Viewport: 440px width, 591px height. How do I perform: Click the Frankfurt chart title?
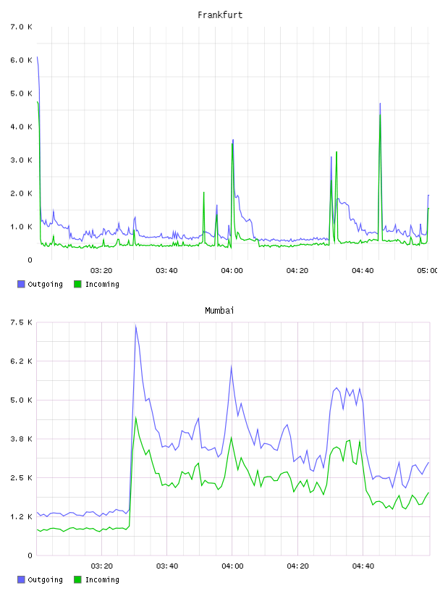tap(220, 15)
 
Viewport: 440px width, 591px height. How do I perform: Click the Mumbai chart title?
tap(219, 311)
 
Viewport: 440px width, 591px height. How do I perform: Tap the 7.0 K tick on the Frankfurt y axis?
tap(21, 27)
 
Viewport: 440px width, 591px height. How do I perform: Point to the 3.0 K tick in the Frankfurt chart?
tap(21, 160)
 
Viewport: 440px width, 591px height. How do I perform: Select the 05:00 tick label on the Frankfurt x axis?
tap(427, 271)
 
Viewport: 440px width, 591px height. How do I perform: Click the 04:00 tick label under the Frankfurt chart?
tap(232, 271)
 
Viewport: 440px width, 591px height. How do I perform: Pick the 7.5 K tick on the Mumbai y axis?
tap(21, 322)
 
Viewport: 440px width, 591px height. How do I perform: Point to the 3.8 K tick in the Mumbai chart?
tap(21, 439)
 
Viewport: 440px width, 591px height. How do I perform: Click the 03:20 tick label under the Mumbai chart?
tap(102, 566)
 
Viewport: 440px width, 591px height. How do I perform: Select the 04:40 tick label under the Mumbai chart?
tap(363, 566)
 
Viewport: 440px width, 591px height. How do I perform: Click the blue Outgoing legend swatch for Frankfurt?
tap(21, 284)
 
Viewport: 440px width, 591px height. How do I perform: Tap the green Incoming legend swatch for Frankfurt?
tap(77, 284)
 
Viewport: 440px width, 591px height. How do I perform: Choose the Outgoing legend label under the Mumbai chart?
tap(45, 579)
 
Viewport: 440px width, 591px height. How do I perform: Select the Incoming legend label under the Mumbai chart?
tap(102, 579)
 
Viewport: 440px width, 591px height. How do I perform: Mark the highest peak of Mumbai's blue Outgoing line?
tap(135, 325)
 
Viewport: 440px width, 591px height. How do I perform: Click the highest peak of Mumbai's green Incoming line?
tap(136, 417)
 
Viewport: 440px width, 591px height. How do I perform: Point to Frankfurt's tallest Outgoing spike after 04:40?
tap(380, 104)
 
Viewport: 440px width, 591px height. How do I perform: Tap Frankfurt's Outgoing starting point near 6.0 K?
tap(38, 57)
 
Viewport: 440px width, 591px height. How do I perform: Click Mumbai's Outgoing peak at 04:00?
tap(232, 366)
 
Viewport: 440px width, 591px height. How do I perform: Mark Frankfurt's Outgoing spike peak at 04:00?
tap(233, 140)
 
